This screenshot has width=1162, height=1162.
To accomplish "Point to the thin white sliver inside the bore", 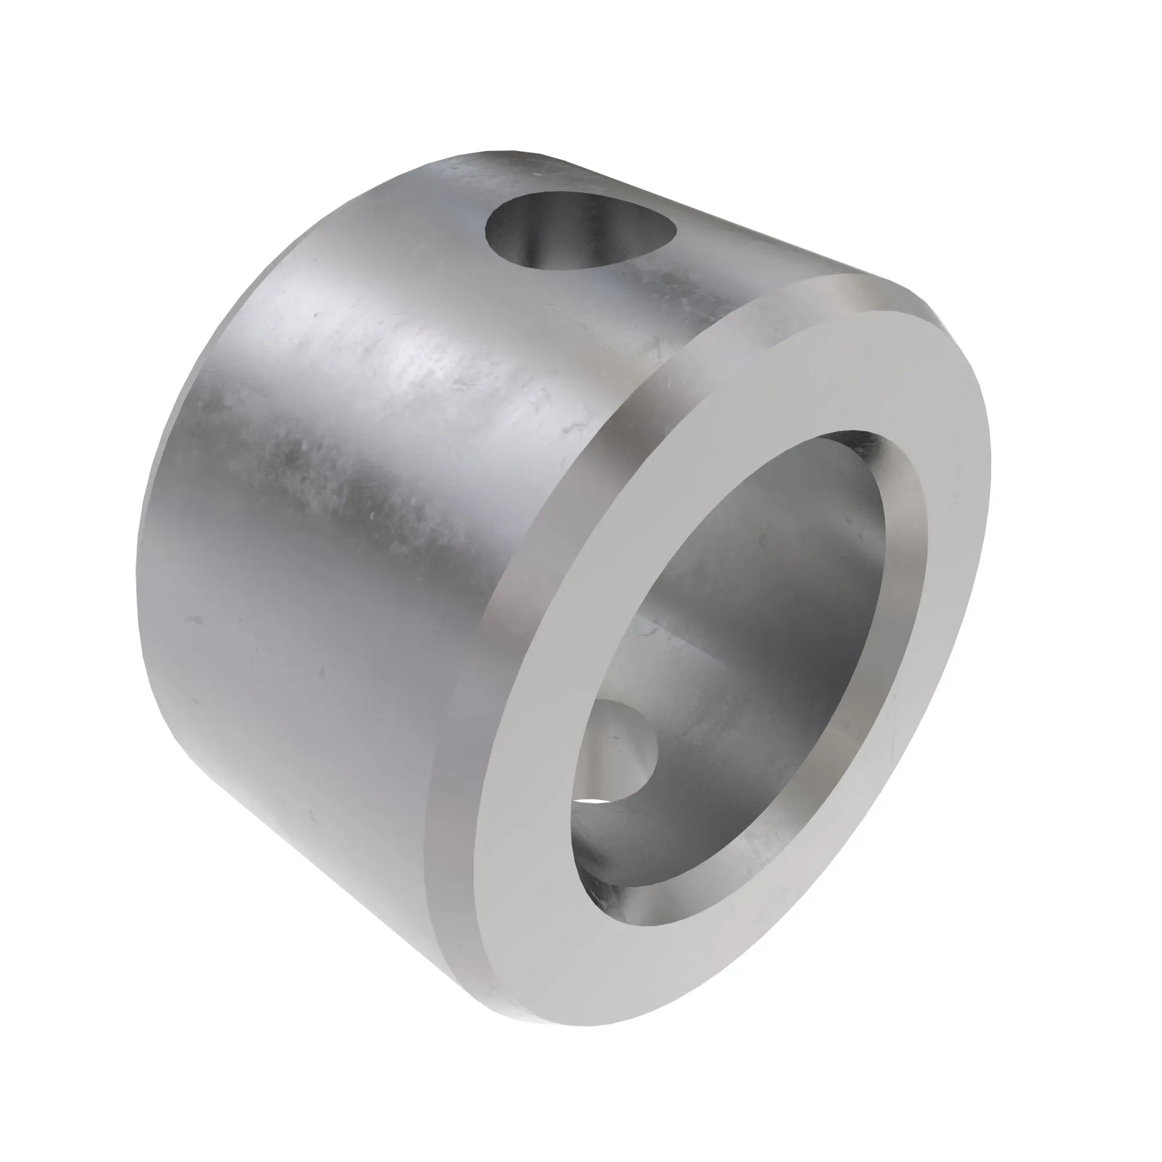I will click(593, 801).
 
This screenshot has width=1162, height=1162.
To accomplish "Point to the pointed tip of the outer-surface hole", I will click(673, 228).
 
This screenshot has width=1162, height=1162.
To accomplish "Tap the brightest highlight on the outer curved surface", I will click(421, 373).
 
